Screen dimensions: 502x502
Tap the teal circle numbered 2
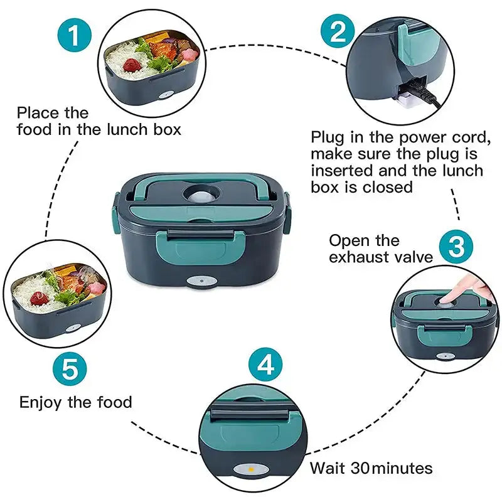click(338, 31)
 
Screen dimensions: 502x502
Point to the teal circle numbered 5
click(70, 370)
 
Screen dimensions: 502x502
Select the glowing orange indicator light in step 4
click(250, 468)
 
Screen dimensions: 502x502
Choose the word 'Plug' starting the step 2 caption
click(328, 137)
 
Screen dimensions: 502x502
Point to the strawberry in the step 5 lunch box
click(39, 298)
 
